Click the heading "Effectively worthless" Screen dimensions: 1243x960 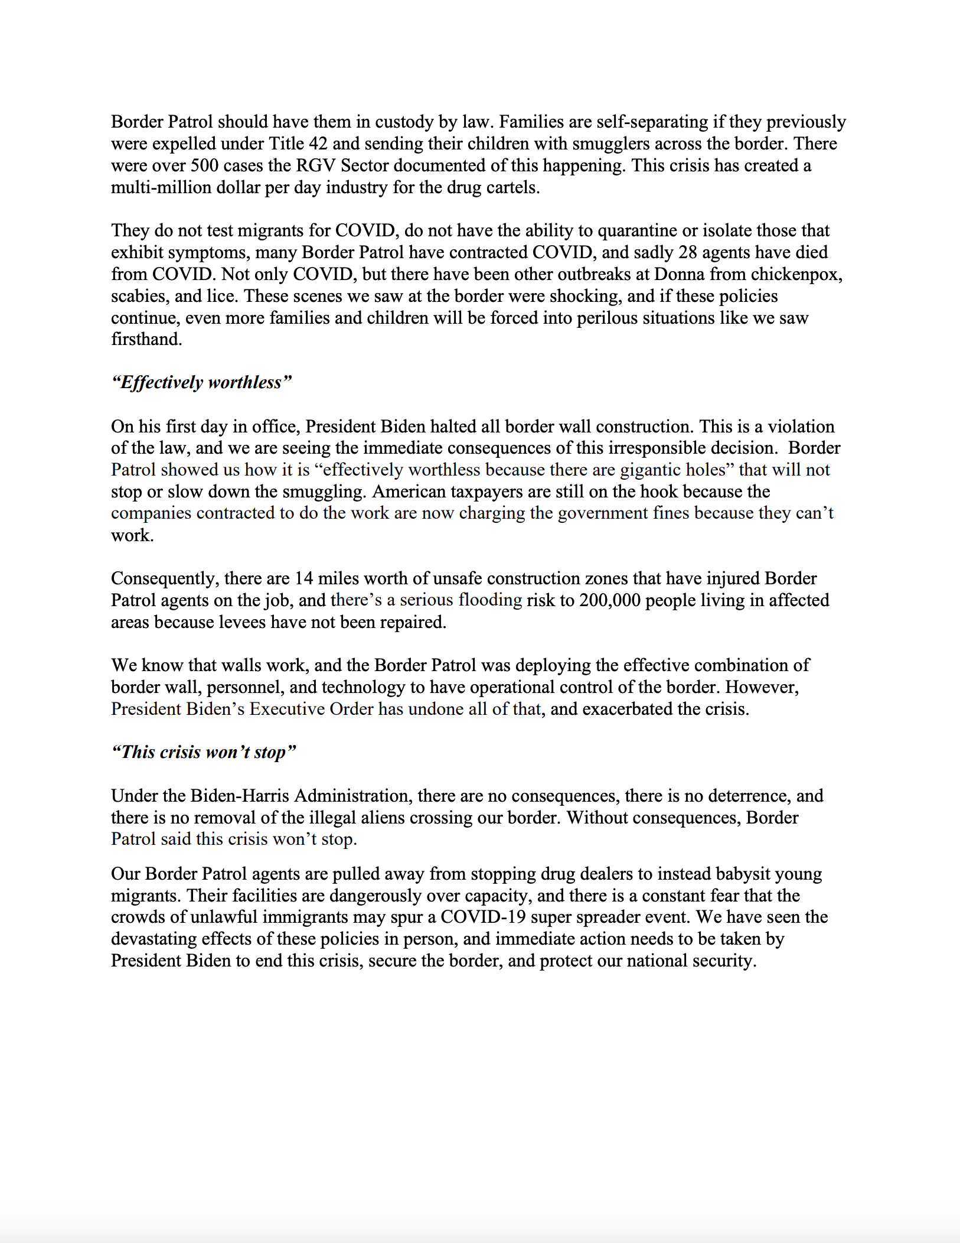tap(201, 383)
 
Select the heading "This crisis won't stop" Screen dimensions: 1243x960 tap(203, 752)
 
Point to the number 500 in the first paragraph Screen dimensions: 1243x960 tap(204, 165)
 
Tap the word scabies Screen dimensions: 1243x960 tap(138, 296)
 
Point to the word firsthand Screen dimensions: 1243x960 tap(146, 340)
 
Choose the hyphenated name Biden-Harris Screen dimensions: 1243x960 tap(239, 796)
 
